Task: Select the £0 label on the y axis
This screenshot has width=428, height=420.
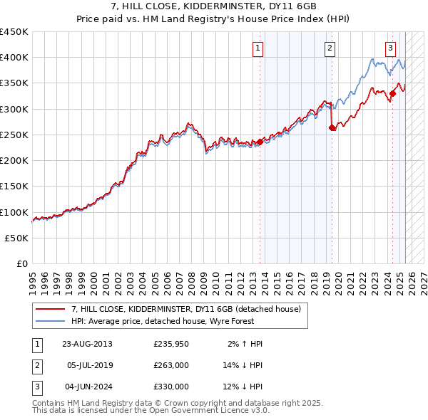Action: click(21, 264)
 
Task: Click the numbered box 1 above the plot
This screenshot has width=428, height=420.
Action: click(258, 48)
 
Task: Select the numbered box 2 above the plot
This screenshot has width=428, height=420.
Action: click(330, 48)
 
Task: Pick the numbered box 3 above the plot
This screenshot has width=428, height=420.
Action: click(391, 48)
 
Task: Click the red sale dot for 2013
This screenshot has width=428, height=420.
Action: click(260, 141)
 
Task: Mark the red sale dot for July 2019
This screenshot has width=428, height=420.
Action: click(332, 128)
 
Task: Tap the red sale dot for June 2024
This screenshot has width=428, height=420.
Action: click(392, 93)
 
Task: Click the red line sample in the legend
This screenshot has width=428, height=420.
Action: click(50, 309)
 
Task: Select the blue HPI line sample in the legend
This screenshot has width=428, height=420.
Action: click(50, 321)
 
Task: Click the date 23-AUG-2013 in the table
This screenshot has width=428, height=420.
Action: click(87, 344)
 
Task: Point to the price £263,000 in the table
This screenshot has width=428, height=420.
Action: click(171, 365)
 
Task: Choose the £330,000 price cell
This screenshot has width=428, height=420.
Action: click(171, 387)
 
